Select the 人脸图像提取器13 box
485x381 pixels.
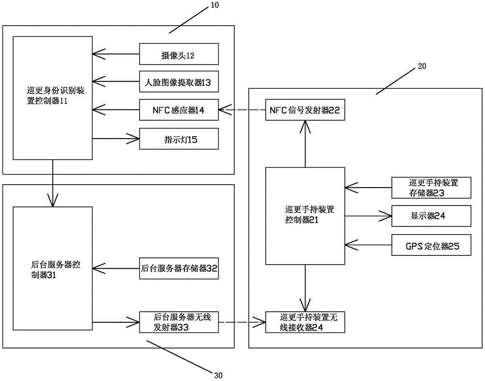coord(178,82)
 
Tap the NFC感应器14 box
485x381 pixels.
coord(178,110)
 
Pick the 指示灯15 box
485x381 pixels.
coord(178,139)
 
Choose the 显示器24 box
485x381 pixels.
coord(431,217)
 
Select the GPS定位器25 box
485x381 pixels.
coord(431,245)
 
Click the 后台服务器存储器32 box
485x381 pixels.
coord(178,268)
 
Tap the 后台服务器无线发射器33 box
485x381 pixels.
coord(178,322)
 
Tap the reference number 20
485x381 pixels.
coord(421,67)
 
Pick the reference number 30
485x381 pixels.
coord(218,374)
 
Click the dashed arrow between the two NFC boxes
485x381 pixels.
coord(242,110)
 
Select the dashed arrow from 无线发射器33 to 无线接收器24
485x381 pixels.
coord(242,322)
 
